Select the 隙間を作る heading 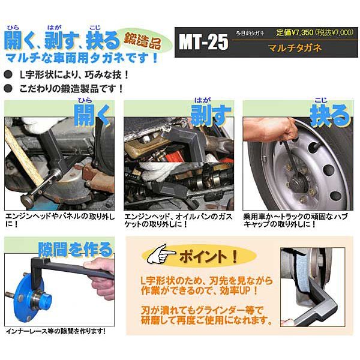[x=76, y=248]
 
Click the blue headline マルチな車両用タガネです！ [x=81, y=59]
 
